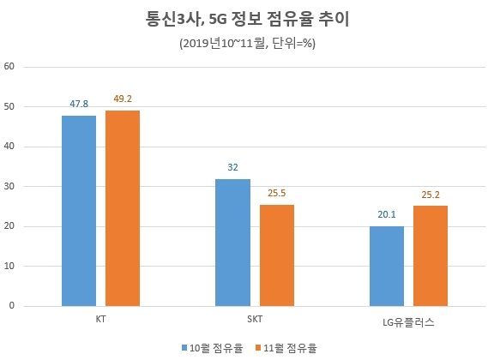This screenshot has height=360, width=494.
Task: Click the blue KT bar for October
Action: tap(79, 211)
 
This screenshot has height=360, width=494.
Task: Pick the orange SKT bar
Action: tap(276, 255)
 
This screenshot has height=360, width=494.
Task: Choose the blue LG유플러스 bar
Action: tap(387, 266)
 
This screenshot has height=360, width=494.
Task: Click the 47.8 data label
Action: tap(79, 105)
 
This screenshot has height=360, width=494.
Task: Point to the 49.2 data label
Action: tap(123, 99)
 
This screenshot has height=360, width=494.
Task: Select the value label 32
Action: tap(232, 167)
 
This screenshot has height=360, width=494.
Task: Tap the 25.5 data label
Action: tap(276, 193)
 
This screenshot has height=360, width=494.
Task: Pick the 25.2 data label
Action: tap(431, 194)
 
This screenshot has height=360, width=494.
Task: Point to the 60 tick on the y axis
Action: tap(11, 67)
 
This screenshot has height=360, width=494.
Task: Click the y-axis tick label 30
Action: tap(11, 186)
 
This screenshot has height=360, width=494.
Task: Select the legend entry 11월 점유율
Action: tap(286, 347)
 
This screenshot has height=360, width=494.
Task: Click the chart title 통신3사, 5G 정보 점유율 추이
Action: tap(247, 17)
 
